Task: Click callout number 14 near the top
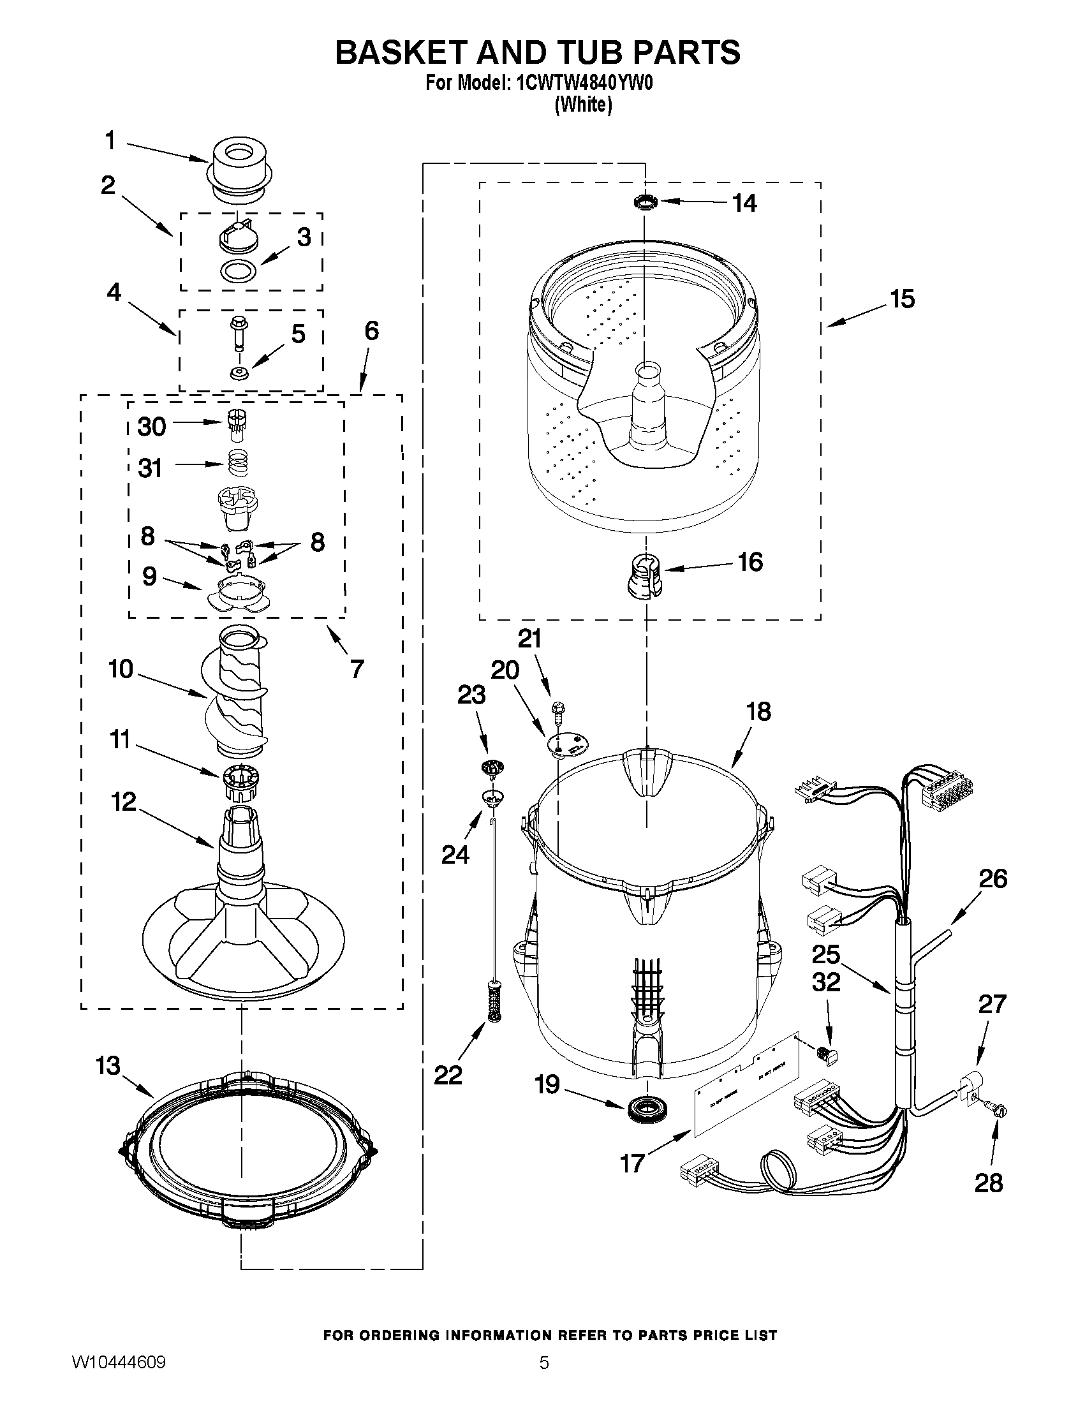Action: (744, 203)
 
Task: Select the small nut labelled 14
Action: (645, 202)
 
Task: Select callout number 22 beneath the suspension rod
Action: (448, 1074)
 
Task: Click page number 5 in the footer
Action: (544, 1380)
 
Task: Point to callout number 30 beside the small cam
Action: (152, 426)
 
